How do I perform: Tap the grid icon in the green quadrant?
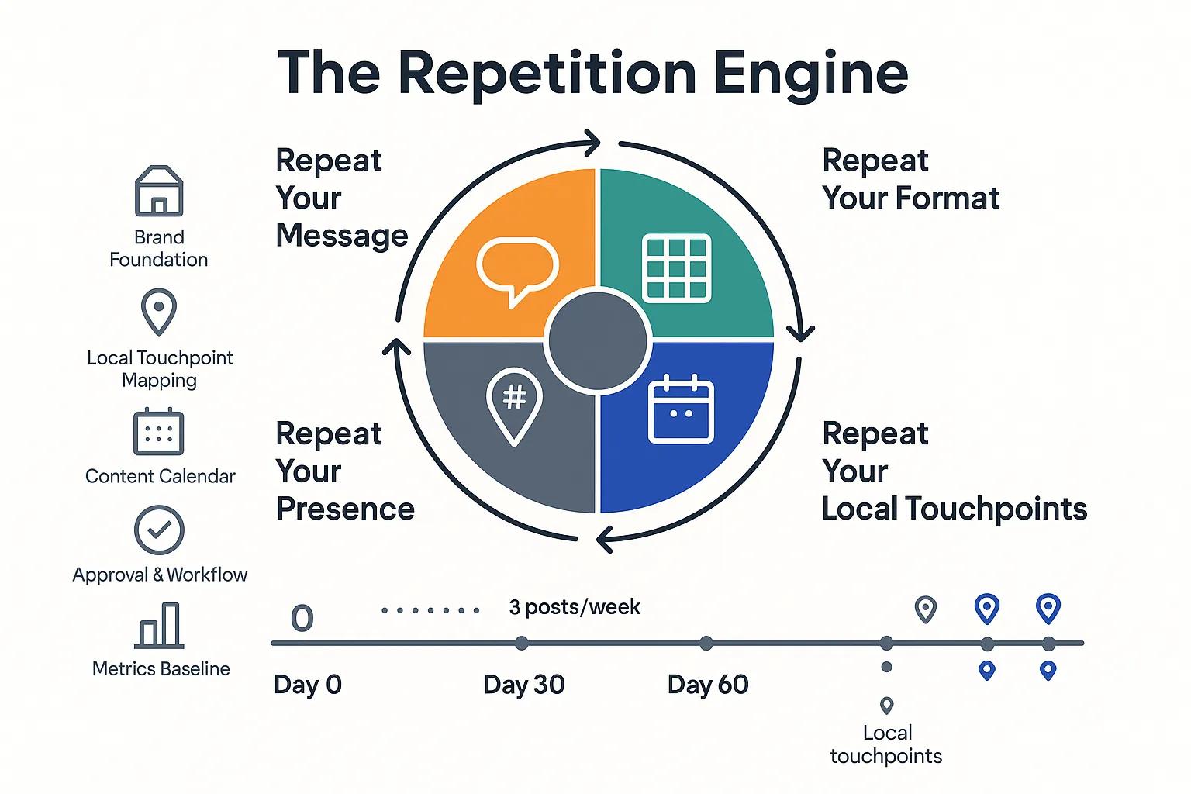pos(677,268)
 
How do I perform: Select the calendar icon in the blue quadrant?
pos(681,409)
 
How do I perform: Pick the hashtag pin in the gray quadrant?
pos(514,403)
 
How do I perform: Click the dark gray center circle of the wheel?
pos(597,340)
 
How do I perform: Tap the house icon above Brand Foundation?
pos(159,191)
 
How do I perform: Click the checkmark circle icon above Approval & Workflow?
pos(159,530)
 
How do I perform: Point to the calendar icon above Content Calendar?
pos(159,432)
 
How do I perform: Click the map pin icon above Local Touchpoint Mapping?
pos(159,311)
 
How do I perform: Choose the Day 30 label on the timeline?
pos(524,685)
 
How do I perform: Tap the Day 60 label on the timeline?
pos(708,685)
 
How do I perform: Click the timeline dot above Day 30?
pos(522,643)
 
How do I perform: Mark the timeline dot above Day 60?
pos(706,643)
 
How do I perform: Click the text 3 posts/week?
pos(575,607)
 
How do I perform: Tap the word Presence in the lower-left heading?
pos(345,509)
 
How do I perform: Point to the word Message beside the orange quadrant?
pos(342,235)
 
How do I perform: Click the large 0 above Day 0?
pos(302,618)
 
